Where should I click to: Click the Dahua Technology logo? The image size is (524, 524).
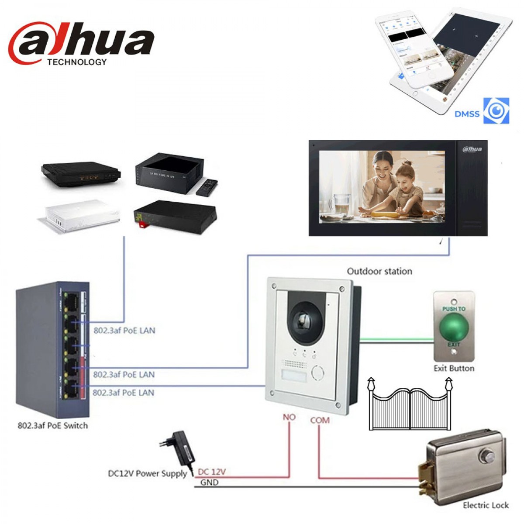pyautogui.click(x=81, y=44)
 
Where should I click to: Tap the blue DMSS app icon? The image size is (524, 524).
pyautogui.click(x=496, y=110)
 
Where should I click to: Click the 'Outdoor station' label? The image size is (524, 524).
pyautogui.click(x=379, y=271)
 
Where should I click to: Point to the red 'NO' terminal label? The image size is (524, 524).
pyautogui.click(x=289, y=417)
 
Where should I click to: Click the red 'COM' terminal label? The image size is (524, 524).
pyautogui.click(x=320, y=420)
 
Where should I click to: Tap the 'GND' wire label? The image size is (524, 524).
pyautogui.click(x=209, y=483)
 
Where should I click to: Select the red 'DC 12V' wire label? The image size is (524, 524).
pyautogui.click(x=212, y=472)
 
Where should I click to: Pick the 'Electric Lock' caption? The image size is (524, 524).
pyautogui.click(x=486, y=505)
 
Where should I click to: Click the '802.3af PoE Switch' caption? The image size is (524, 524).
pyautogui.click(x=52, y=425)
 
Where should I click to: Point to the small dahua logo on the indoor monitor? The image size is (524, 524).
pyautogui.click(x=472, y=149)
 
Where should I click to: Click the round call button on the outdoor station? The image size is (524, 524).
pyautogui.click(x=317, y=373)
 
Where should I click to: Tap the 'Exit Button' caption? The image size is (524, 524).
pyautogui.click(x=454, y=368)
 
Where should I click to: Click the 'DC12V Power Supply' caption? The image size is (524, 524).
pyautogui.click(x=148, y=473)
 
